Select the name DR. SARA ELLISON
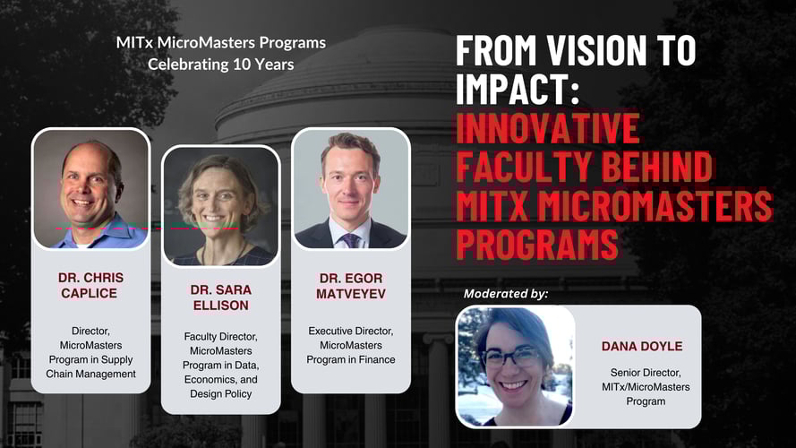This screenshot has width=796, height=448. click(220, 298)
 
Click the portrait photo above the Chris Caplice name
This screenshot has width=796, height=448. click(90, 189)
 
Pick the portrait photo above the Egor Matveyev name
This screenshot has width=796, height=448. click(350, 189)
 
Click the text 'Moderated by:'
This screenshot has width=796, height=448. click(506, 293)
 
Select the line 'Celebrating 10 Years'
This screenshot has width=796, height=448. click(220, 64)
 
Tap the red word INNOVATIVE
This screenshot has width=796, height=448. click(548, 129)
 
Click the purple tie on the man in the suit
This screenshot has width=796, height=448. click(350, 239)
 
